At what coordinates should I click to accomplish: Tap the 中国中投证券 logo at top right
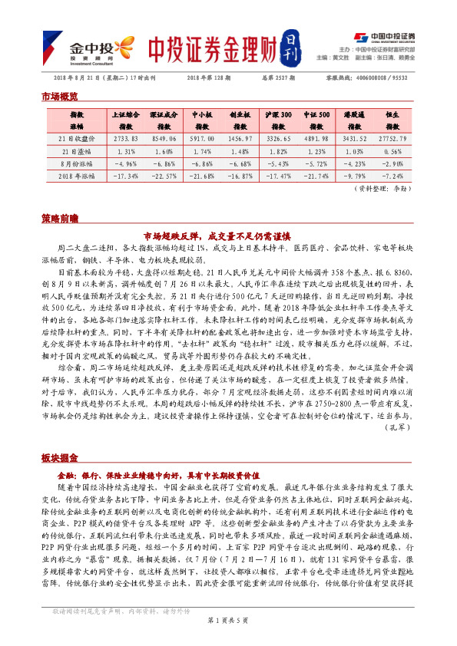coord(383,36)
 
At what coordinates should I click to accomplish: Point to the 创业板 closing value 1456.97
coord(240,139)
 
